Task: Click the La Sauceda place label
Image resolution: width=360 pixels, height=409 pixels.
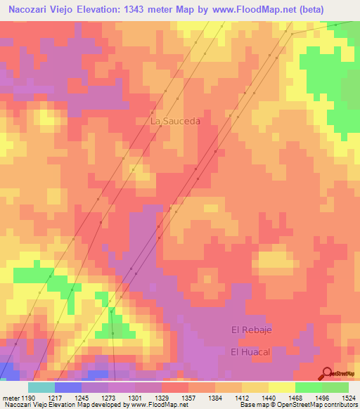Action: [175, 121]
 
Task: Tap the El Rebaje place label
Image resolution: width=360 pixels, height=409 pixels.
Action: [251, 330]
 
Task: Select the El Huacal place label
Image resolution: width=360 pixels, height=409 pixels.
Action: [250, 351]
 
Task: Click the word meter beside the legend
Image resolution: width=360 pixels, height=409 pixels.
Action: [11, 397]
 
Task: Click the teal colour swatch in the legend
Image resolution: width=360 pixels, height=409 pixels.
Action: [41, 387]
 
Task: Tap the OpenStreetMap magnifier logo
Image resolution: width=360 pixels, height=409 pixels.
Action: [326, 373]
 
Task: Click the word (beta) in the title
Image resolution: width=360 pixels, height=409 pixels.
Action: [337, 8]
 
